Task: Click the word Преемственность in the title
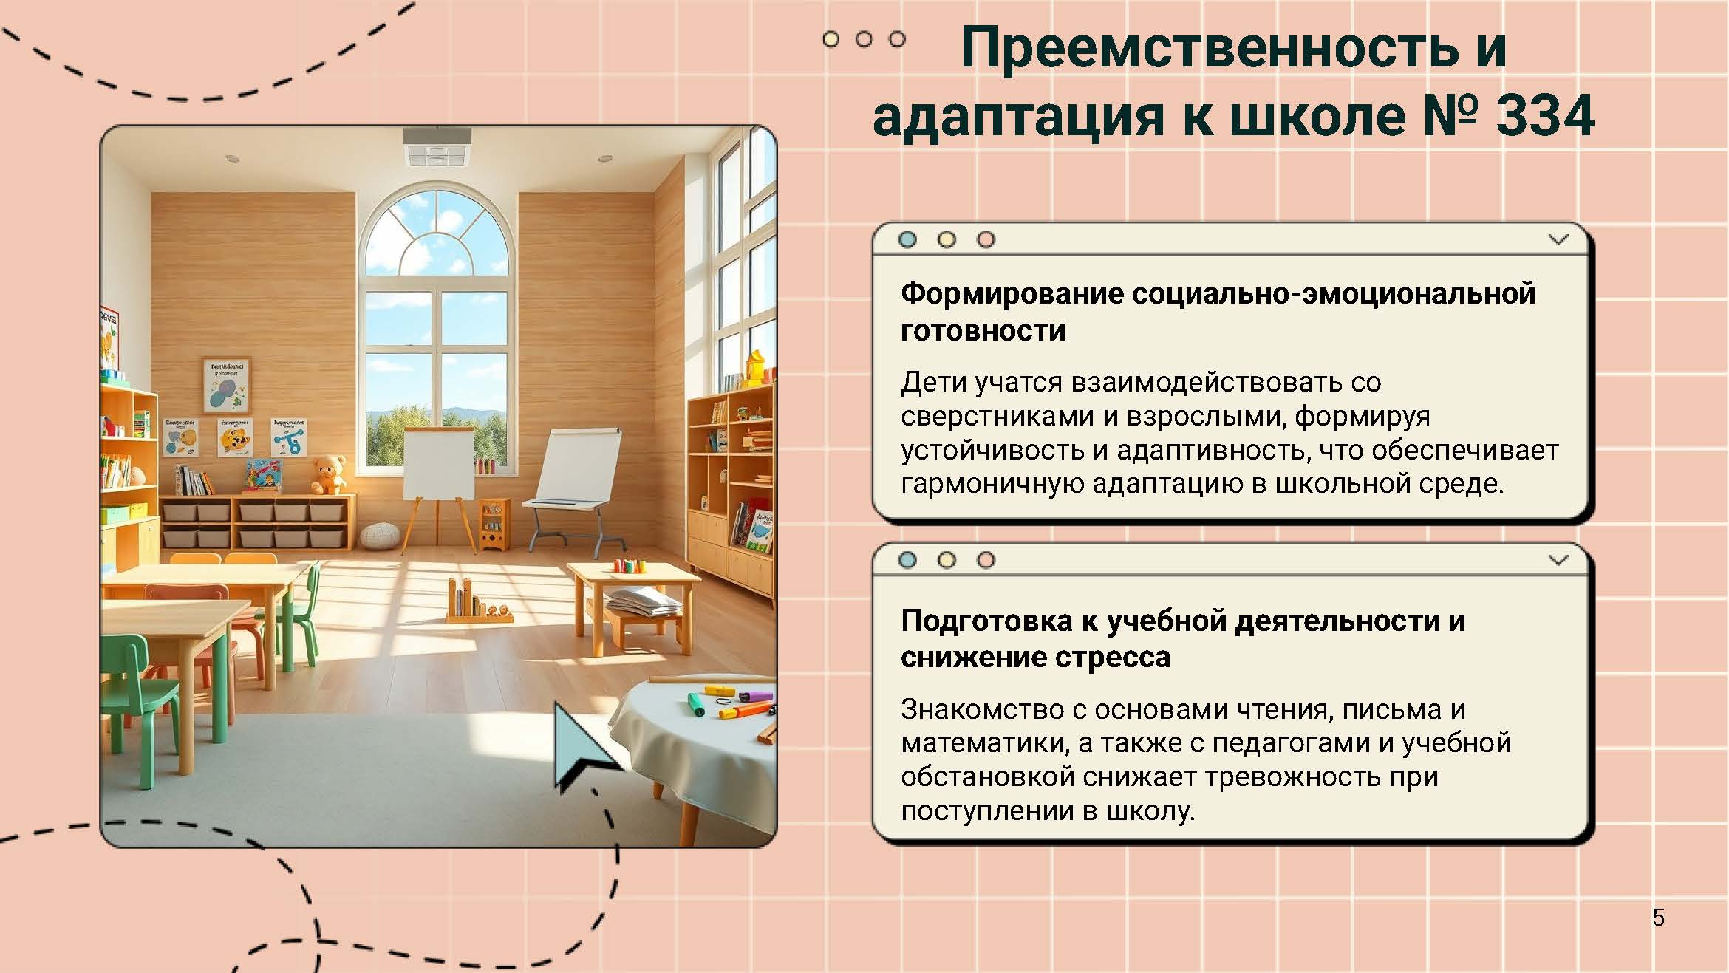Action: [1208, 48]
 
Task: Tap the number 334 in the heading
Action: [1544, 116]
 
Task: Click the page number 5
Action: [1658, 918]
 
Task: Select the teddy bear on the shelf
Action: [328, 474]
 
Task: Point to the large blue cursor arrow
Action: [584, 746]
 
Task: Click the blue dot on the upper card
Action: [907, 239]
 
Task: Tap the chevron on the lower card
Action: [1558, 559]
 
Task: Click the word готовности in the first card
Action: [983, 330]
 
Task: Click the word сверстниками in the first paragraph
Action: [997, 417]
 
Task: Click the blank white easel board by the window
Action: [439, 464]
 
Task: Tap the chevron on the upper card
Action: [1558, 239]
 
